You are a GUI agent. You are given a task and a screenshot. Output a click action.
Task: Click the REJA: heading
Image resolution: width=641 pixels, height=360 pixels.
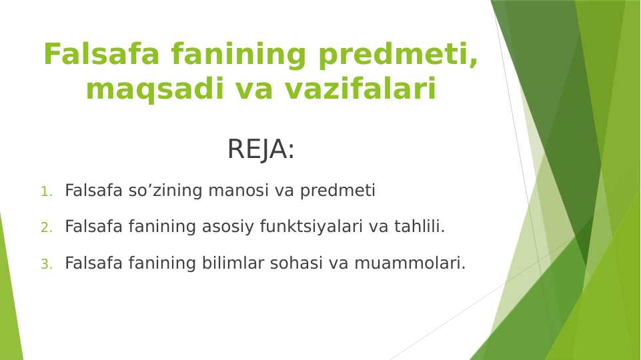(261, 149)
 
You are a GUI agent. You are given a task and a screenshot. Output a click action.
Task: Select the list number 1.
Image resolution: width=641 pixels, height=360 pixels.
(46, 192)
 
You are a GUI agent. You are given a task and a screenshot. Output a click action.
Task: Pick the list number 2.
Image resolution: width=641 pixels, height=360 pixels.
(46, 228)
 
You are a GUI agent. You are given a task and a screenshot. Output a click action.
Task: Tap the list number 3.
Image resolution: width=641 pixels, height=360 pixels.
(46, 265)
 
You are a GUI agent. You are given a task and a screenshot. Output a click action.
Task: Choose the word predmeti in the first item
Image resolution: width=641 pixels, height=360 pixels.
(338, 191)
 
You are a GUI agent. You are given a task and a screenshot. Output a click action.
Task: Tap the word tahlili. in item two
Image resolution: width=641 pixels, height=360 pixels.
(419, 227)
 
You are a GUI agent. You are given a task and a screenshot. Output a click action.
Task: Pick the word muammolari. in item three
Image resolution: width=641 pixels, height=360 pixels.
(410, 263)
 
